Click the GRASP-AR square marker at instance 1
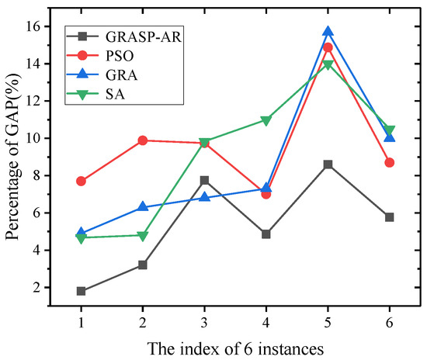(82, 291)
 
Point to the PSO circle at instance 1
(82, 181)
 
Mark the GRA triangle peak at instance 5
(328, 32)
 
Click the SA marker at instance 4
(266, 120)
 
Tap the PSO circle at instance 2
(143, 140)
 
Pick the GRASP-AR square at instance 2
(143, 265)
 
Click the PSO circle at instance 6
(389, 162)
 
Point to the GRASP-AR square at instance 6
(389, 217)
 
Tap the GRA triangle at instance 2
(143, 207)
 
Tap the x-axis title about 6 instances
(234, 345)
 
